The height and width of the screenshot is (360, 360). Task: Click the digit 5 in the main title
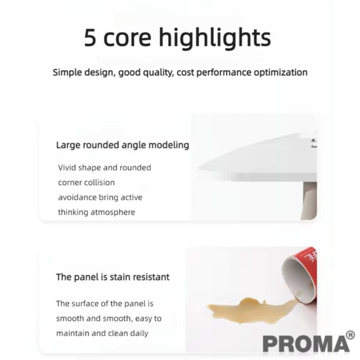pos(90,38)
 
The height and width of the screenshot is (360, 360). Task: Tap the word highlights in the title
pos(215,38)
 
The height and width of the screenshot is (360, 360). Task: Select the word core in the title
pos(128,40)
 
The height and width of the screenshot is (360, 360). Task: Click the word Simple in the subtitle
pos(67,73)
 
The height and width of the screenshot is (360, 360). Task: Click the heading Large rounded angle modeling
pos(123,145)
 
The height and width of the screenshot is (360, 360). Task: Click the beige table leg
pos(309,200)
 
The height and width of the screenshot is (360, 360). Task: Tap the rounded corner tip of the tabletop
pos(199,168)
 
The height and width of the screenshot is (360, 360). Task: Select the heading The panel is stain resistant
pos(112,277)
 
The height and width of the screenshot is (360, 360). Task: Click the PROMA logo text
pos(306,344)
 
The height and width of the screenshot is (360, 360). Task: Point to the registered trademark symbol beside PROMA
pos(350,335)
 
